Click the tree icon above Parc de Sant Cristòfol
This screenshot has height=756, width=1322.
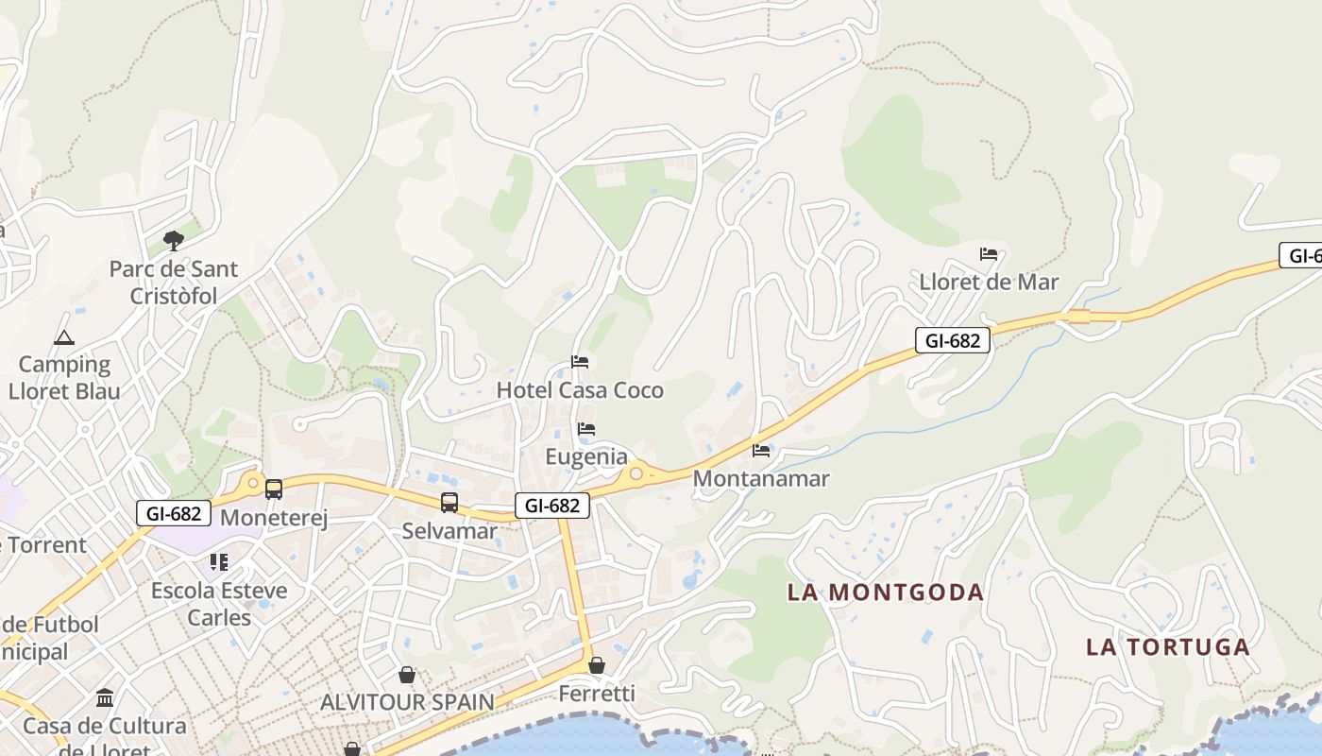pos(173,241)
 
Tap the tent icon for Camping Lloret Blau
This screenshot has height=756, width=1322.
pos(63,337)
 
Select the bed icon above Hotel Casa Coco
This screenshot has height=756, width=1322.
pos(580,362)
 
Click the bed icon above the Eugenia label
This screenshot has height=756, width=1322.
pos(585,429)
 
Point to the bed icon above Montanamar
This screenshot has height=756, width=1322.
pos(761,451)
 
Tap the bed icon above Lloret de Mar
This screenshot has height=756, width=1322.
pos(989,254)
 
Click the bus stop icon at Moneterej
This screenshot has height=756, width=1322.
pos(274,490)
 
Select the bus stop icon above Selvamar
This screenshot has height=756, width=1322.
pos(449,503)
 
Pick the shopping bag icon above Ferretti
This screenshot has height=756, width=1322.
pos(597,666)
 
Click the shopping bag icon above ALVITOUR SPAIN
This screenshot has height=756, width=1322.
pos(407,675)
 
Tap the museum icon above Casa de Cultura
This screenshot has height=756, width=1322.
pos(105,698)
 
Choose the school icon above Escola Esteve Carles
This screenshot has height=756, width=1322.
pos(219,563)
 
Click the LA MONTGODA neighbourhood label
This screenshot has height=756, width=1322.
pos(886,593)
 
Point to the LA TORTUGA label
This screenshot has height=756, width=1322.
pos(1167,647)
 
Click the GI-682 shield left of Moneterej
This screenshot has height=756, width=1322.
pos(173,513)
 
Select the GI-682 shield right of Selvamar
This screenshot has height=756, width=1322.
pos(552,506)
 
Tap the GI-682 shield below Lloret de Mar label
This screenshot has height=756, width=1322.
pos(952,340)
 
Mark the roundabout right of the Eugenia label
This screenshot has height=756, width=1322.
pos(637,473)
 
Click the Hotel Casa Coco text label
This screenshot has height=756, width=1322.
pos(580,390)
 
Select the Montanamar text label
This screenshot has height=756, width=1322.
pos(761,478)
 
